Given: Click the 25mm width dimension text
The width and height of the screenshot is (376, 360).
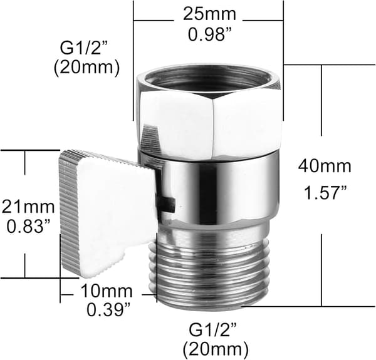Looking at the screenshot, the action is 209,14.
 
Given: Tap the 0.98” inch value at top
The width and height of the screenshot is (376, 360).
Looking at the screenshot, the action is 209,34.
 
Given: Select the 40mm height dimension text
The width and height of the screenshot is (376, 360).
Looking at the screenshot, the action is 325,166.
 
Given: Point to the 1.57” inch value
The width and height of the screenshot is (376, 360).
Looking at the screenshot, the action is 325,193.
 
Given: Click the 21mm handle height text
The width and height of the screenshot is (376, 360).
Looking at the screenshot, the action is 28,207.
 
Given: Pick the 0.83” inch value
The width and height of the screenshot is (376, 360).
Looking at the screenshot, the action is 29,227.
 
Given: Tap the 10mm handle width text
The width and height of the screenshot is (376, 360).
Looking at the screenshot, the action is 107,291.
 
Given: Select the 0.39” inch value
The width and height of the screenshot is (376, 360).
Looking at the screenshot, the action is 108,310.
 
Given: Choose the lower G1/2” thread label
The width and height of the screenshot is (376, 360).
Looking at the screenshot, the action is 213,331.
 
